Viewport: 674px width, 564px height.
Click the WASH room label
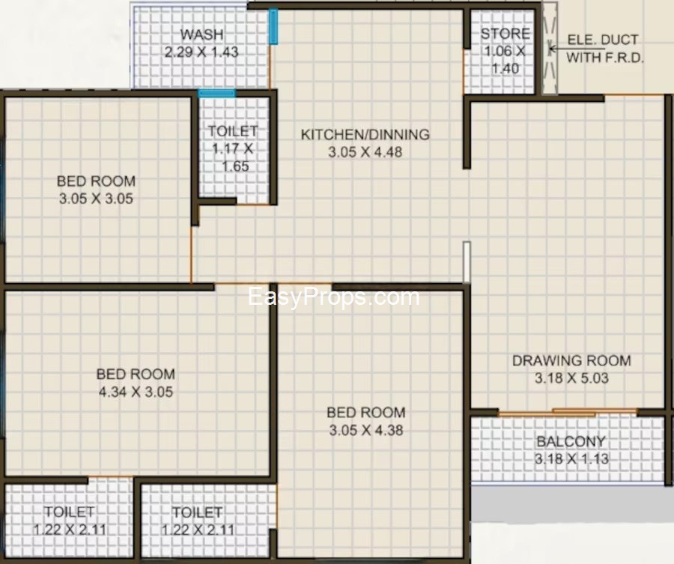tap(201, 34)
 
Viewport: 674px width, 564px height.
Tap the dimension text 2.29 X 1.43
tap(201, 52)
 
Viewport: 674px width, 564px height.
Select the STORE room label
tap(505, 34)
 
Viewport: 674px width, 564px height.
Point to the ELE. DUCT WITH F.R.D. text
tap(605, 49)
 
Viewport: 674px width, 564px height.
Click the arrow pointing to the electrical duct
tap(556, 49)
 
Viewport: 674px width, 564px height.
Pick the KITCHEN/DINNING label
tap(365, 135)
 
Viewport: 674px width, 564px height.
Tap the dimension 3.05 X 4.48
tap(365, 152)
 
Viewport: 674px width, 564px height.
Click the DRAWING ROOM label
tap(571, 360)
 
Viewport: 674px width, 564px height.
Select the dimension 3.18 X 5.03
tap(571, 378)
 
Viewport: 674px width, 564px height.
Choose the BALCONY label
tap(571, 441)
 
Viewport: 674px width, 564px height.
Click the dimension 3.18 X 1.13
tap(571, 458)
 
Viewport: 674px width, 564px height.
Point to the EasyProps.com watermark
tap(333, 297)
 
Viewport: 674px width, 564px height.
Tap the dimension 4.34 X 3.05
tap(136, 392)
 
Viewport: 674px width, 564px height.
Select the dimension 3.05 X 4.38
tap(366, 431)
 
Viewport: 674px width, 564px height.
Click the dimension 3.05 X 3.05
tap(96, 198)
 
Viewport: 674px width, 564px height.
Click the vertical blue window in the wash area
tap(273, 26)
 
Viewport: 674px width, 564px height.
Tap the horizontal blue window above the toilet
tap(216, 93)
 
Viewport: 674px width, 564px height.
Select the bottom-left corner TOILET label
tap(69, 512)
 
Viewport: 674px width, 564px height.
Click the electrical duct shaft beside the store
tap(549, 49)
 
